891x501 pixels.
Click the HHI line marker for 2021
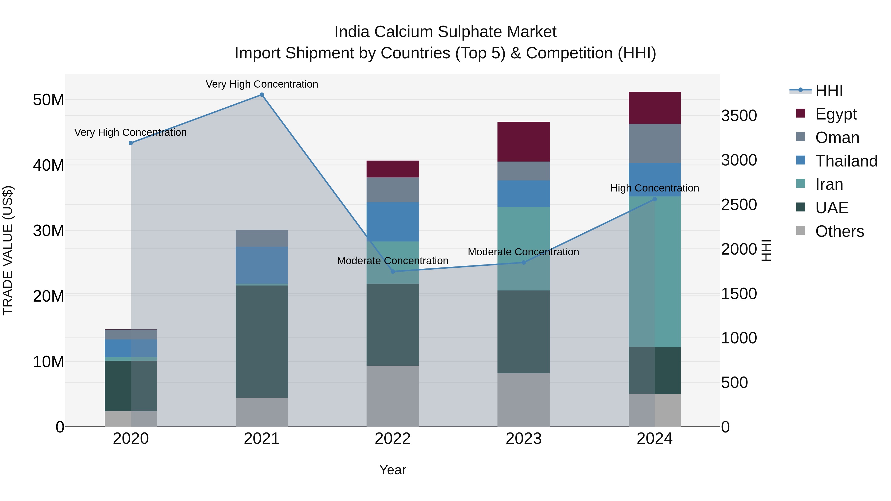[262, 95]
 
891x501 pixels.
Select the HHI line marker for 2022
[393, 271]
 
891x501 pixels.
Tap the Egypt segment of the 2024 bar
[654, 108]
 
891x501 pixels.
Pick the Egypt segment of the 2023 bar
[523, 142]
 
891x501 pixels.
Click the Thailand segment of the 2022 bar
[393, 222]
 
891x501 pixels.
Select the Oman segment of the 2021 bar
[262, 238]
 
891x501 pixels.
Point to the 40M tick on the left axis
[49, 165]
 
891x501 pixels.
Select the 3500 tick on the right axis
[739, 116]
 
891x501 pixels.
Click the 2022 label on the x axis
[393, 439]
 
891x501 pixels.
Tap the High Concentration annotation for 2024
[654, 188]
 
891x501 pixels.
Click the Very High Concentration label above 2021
[262, 84]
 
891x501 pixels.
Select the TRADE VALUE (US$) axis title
[8, 250]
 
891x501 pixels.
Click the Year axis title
[393, 470]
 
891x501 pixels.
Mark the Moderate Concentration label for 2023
[523, 252]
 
